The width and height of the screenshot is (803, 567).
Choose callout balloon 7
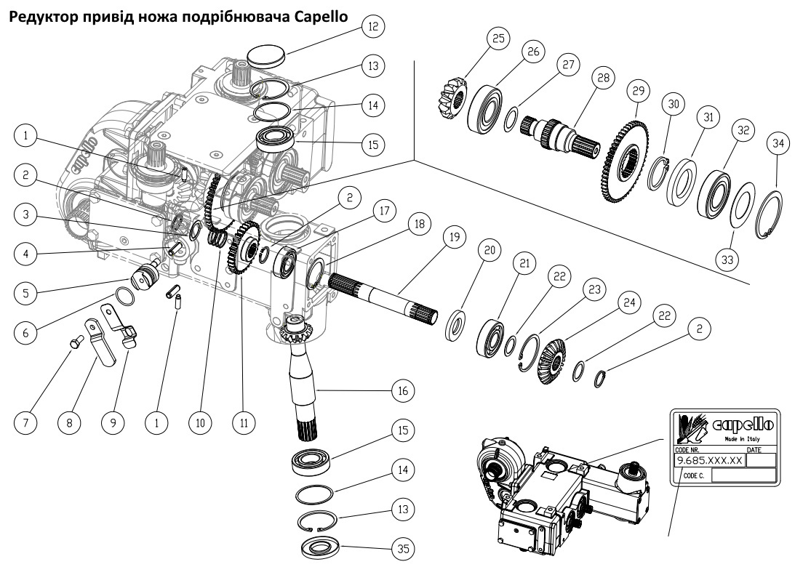point(27,422)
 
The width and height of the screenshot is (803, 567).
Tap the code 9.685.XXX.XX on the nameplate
point(709,461)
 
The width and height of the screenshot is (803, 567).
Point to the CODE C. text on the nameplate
point(694,475)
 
